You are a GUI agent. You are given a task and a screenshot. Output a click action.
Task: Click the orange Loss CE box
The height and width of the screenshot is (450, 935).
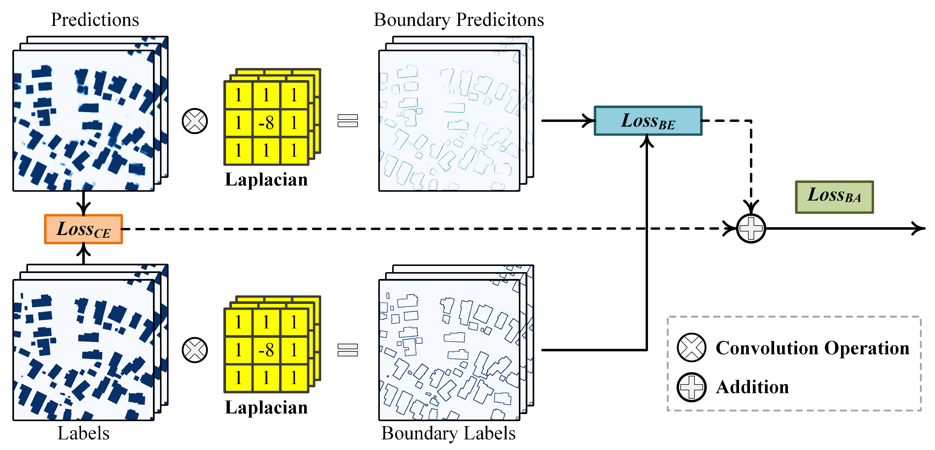click(83, 229)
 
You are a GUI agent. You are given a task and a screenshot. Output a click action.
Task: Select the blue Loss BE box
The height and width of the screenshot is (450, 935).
click(648, 121)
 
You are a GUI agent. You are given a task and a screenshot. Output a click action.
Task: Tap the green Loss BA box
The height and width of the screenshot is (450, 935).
click(834, 197)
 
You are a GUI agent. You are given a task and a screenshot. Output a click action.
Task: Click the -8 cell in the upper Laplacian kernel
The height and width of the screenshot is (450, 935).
click(266, 123)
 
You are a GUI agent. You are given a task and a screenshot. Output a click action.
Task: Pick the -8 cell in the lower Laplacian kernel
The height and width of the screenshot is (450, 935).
click(266, 350)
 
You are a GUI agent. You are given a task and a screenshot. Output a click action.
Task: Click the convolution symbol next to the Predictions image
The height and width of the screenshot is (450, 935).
click(195, 121)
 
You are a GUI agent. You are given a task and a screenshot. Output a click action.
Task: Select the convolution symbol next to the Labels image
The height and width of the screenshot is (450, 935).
click(195, 350)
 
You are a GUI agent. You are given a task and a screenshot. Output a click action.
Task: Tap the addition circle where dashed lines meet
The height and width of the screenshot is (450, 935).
click(751, 229)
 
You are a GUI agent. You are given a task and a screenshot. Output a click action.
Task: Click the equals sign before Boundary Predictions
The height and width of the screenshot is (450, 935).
click(347, 121)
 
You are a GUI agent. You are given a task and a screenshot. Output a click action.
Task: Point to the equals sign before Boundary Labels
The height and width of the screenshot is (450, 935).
click(347, 350)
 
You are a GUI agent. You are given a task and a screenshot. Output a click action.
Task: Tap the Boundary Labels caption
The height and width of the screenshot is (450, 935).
click(448, 433)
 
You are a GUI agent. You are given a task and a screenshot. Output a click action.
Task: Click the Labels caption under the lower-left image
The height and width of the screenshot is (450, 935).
click(83, 433)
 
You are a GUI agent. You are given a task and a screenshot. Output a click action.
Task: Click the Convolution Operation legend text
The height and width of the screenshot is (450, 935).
click(812, 348)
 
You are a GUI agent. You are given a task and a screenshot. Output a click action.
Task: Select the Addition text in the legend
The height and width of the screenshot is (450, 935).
click(752, 387)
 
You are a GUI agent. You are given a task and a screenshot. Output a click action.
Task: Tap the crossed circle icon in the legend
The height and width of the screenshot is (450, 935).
click(691, 348)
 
